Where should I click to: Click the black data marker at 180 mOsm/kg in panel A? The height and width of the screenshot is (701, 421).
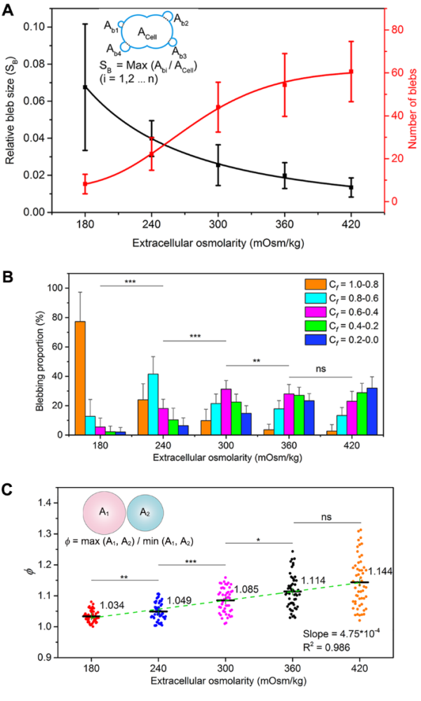point(85,87)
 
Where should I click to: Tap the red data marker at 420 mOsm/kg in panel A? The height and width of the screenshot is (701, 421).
point(351,72)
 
